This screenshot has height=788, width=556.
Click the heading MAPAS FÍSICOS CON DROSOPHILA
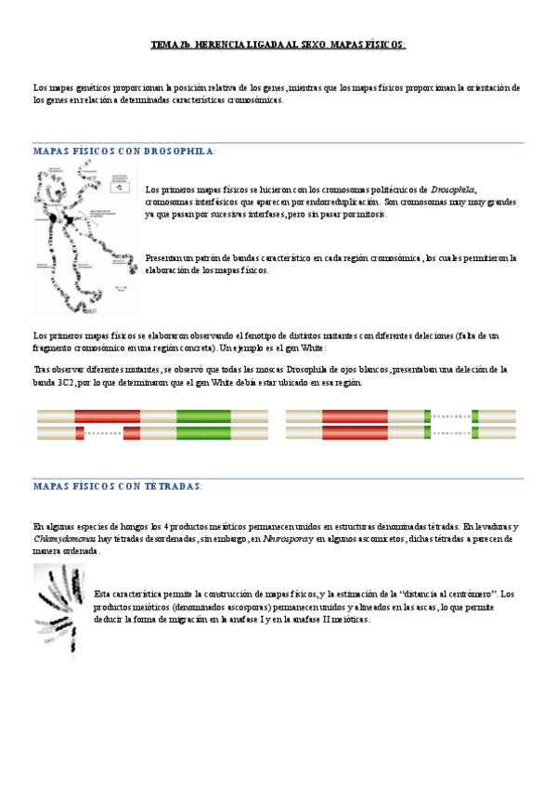(x=124, y=151)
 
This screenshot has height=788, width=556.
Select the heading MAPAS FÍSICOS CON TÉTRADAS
(x=117, y=486)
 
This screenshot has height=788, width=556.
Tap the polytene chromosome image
(x=84, y=236)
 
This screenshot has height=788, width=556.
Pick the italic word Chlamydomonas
(x=64, y=538)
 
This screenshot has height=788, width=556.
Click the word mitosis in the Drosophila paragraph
(x=369, y=214)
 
